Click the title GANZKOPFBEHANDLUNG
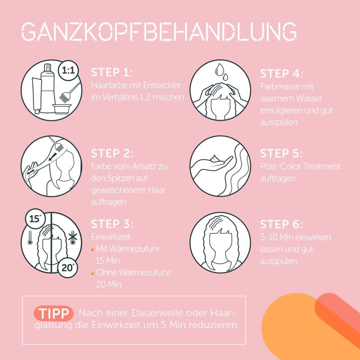pyautogui.click(x=159, y=31)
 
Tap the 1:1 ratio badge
pyautogui.click(x=68, y=70)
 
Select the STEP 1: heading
pyautogui.click(x=112, y=72)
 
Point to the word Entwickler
pyautogui.click(x=162, y=85)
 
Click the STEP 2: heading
pyautogui.click(x=112, y=153)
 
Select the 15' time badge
pyautogui.click(x=35, y=219)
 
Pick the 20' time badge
pyautogui.click(x=67, y=268)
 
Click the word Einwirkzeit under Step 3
pyautogui.click(x=111, y=237)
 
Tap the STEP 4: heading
pyautogui.click(x=282, y=74)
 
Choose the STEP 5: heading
pyautogui.click(x=281, y=153)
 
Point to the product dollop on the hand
pyautogui.click(x=215, y=158)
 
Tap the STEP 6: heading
pyautogui.click(x=282, y=224)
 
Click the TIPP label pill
pyautogui.click(x=54, y=313)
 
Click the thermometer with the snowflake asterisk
pyautogui.click(x=73, y=238)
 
